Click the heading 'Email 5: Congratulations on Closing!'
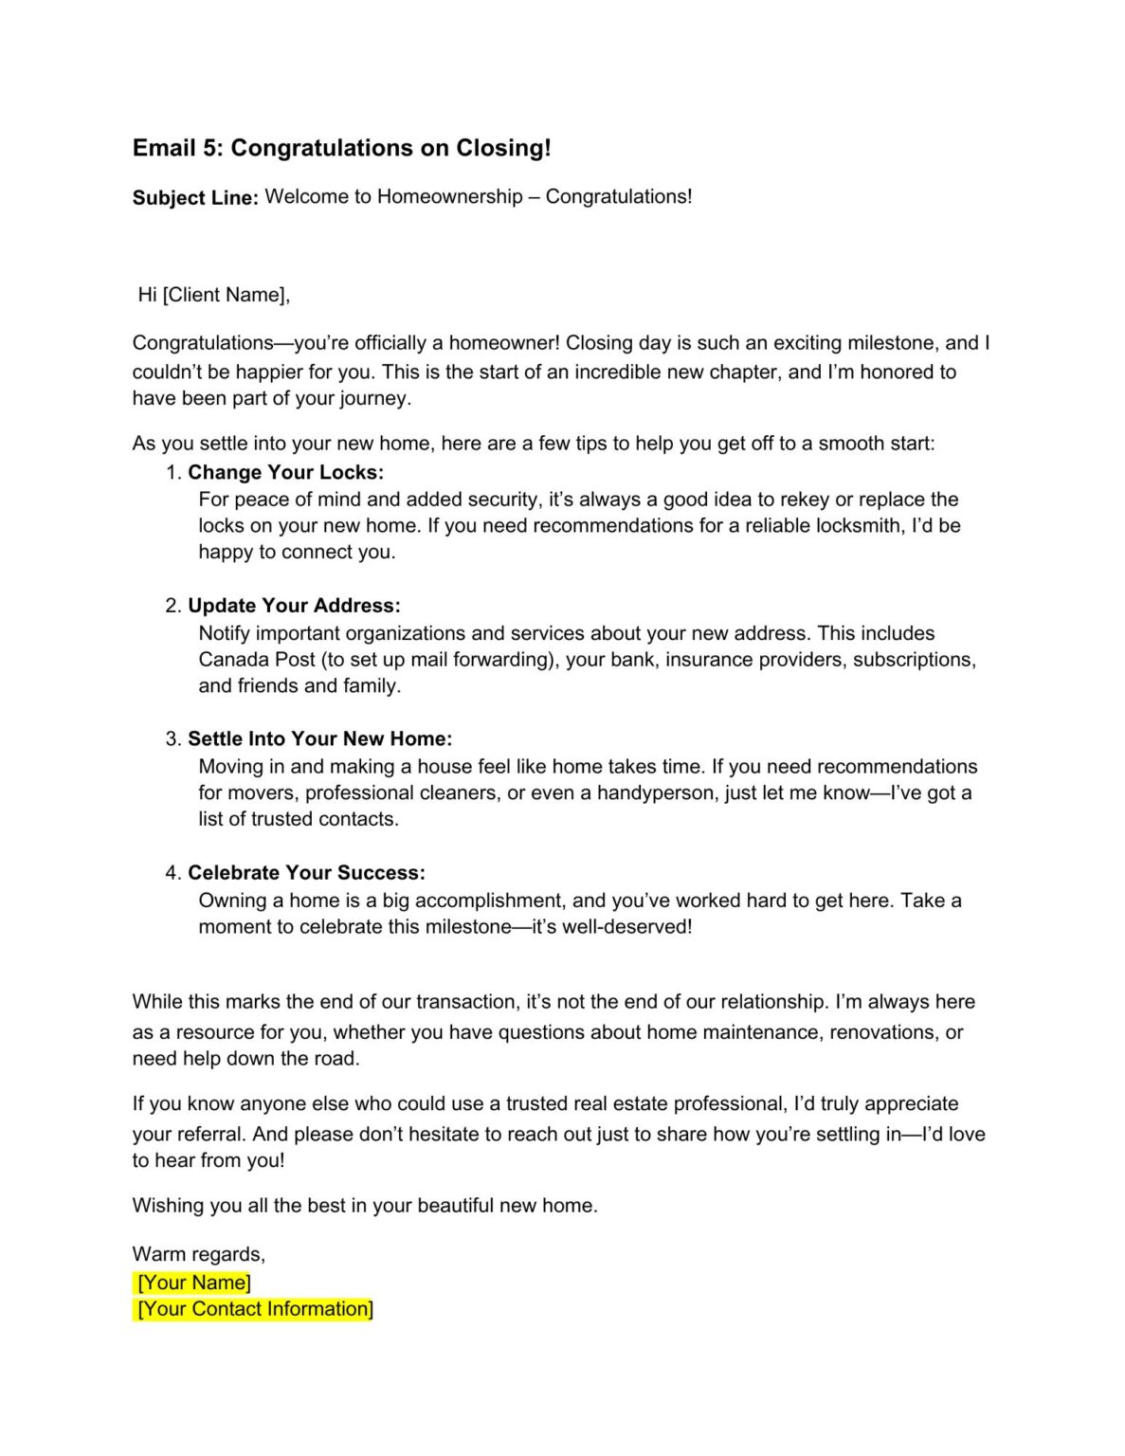341,148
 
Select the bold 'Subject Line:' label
195,198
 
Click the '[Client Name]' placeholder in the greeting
226,295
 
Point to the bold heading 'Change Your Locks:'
285,472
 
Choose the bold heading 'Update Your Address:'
294,606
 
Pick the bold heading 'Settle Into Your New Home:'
319,739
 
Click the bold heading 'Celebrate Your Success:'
306,873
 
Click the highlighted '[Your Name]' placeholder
194,1283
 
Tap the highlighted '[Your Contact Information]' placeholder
255,1309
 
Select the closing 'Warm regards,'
199,1254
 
